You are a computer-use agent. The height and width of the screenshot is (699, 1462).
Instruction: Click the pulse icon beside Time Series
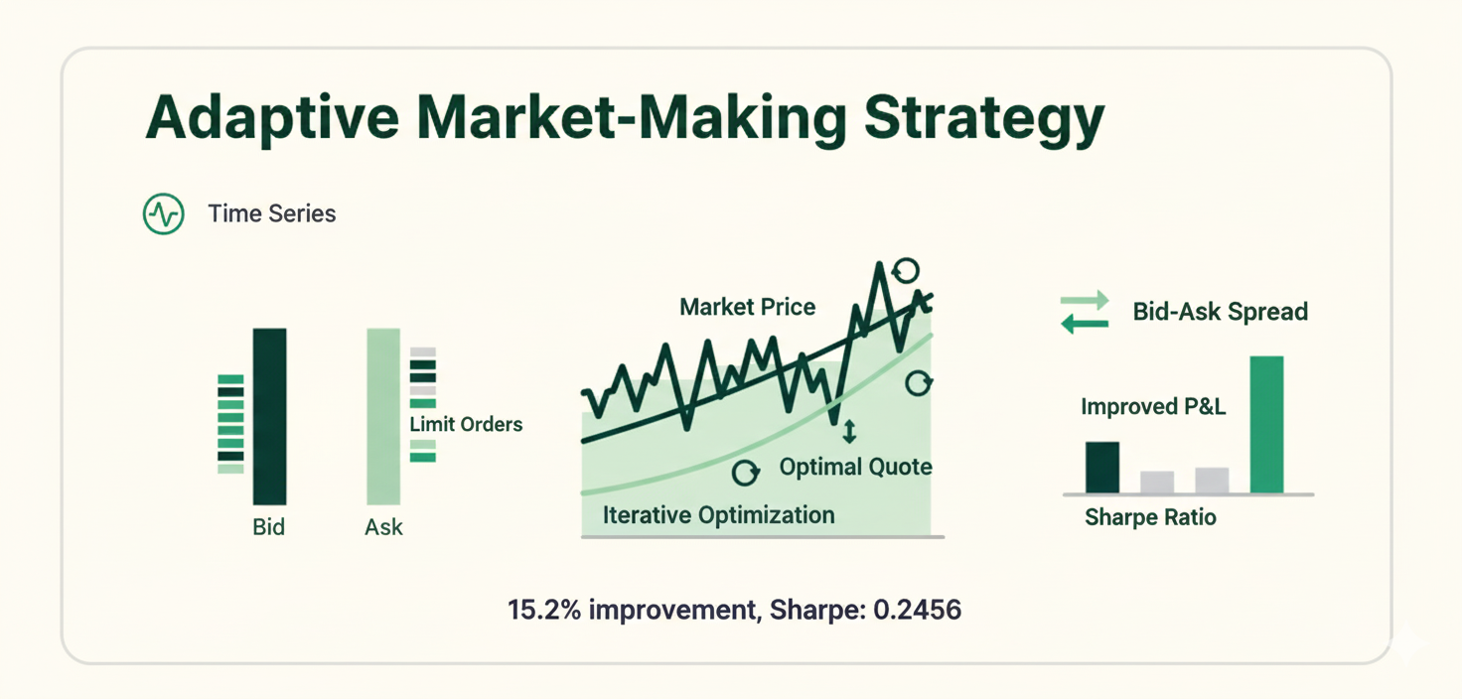tap(164, 213)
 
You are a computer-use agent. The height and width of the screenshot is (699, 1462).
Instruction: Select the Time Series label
tap(271, 213)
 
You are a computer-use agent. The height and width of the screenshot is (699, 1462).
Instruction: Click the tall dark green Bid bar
tap(269, 416)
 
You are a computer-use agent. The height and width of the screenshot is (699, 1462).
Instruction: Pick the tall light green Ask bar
tap(383, 416)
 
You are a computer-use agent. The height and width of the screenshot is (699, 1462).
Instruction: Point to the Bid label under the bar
tap(269, 527)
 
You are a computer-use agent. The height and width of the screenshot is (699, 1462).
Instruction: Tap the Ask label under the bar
tap(383, 527)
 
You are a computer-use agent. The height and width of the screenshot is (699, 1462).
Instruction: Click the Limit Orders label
tap(466, 424)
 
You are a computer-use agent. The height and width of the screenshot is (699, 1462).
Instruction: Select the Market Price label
tap(747, 307)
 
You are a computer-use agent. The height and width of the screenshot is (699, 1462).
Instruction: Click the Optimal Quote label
tap(855, 467)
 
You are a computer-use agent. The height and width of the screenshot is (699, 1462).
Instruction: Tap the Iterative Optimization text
tap(718, 515)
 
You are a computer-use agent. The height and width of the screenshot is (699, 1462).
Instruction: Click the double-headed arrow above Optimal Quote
tap(848, 432)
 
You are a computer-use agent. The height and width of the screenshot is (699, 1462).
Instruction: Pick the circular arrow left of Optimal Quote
tap(746, 472)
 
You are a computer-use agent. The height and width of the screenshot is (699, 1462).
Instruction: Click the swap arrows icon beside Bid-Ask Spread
tap(1085, 312)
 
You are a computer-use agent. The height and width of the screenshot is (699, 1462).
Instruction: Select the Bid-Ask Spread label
tap(1220, 312)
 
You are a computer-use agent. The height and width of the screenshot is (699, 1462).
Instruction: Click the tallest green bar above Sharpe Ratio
tap(1266, 424)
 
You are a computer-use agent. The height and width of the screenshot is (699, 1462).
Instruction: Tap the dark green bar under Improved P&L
tap(1102, 468)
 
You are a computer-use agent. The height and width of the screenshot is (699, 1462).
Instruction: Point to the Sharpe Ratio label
tap(1150, 517)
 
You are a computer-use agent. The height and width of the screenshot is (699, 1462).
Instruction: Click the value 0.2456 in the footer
tap(917, 609)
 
